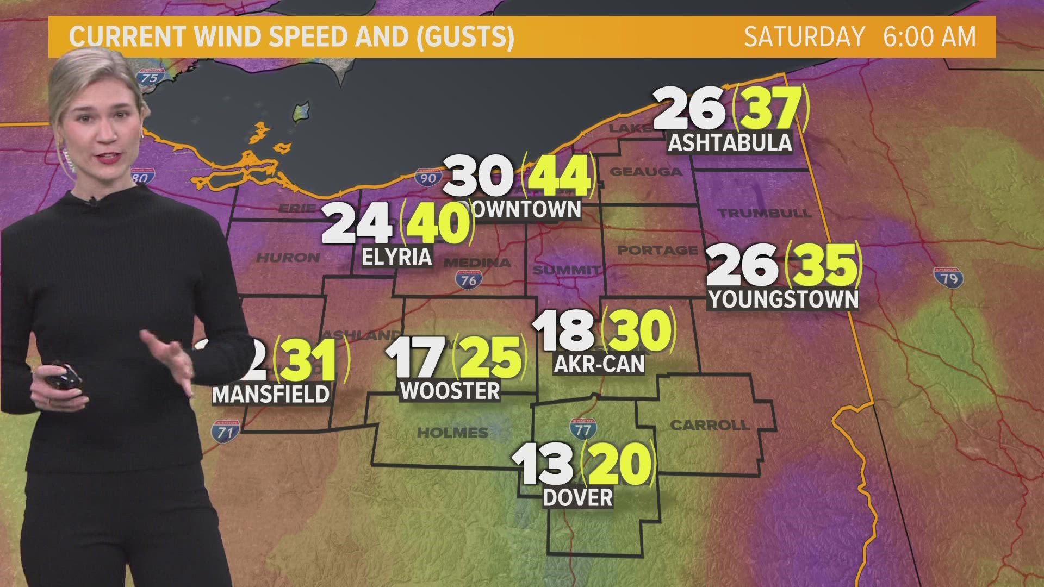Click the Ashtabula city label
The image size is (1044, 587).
(730, 142)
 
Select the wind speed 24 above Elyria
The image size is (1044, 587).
(357, 224)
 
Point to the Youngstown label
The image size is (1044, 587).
(783, 299)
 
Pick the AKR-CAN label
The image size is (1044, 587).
(599, 364)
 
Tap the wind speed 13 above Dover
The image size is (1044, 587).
(543, 465)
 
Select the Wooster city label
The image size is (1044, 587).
(450, 391)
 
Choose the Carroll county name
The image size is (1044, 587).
(710, 425)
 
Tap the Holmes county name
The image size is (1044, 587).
(452, 433)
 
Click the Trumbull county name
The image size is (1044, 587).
(765, 213)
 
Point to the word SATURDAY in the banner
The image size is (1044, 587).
(804, 37)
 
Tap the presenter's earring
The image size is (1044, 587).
(69, 160)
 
